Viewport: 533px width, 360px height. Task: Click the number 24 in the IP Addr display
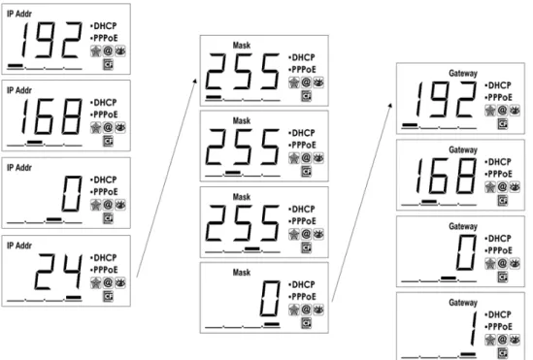(x=58, y=272)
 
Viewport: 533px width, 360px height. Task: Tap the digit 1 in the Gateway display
(x=473, y=329)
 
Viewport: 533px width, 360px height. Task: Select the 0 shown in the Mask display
(x=270, y=299)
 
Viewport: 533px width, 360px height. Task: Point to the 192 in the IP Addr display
(x=51, y=40)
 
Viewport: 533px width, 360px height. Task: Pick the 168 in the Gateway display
(x=447, y=177)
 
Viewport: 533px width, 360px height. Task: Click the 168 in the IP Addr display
(x=51, y=116)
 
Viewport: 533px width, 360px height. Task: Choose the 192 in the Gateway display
(x=447, y=100)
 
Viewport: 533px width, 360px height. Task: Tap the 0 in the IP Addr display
(x=72, y=194)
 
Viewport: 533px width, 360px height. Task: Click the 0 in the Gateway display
(x=466, y=252)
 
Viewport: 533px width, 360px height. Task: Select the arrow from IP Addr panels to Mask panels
(x=167, y=178)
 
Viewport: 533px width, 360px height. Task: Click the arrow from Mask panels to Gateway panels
(x=362, y=203)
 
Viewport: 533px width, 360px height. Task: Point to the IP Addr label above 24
(x=19, y=245)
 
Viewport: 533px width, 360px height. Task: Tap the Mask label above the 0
(x=242, y=272)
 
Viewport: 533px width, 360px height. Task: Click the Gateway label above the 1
(x=463, y=303)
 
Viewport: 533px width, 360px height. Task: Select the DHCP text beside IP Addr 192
(x=104, y=26)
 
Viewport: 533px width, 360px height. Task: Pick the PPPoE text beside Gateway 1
(x=498, y=327)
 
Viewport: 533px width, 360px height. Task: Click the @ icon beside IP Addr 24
(x=108, y=282)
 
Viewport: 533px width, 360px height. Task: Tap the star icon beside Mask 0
(x=294, y=310)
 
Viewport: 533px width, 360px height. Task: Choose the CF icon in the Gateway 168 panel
(x=503, y=200)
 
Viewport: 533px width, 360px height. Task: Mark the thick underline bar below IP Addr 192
(x=16, y=66)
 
